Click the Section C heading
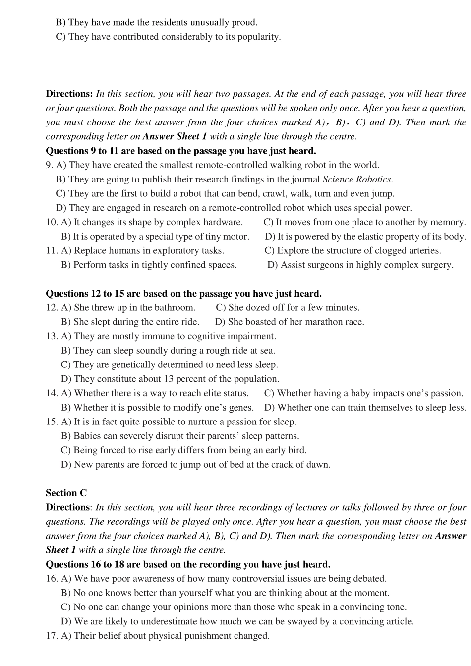click(66, 493)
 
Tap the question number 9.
click(49, 165)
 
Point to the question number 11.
click(52, 251)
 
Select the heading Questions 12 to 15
click(183, 294)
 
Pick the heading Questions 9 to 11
click(180, 151)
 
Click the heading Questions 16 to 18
click(188, 564)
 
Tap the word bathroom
click(175, 308)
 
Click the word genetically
click(133, 365)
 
